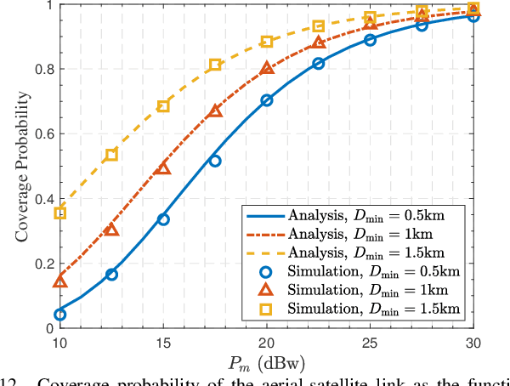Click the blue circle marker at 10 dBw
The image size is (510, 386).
pyautogui.click(x=60, y=314)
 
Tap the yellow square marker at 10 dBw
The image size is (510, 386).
pyautogui.click(x=60, y=213)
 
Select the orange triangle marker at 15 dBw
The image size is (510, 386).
pyautogui.click(x=164, y=168)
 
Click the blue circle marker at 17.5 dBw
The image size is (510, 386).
pyautogui.click(x=215, y=161)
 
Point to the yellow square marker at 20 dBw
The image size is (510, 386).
pyautogui.click(x=267, y=42)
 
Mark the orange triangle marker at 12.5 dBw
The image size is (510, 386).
pyautogui.click(x=112, y=230)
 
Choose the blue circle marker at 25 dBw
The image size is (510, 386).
pyautogui.click(x=371, y=40)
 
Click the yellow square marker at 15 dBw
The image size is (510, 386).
pyautogui.click(x=164, y=106)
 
